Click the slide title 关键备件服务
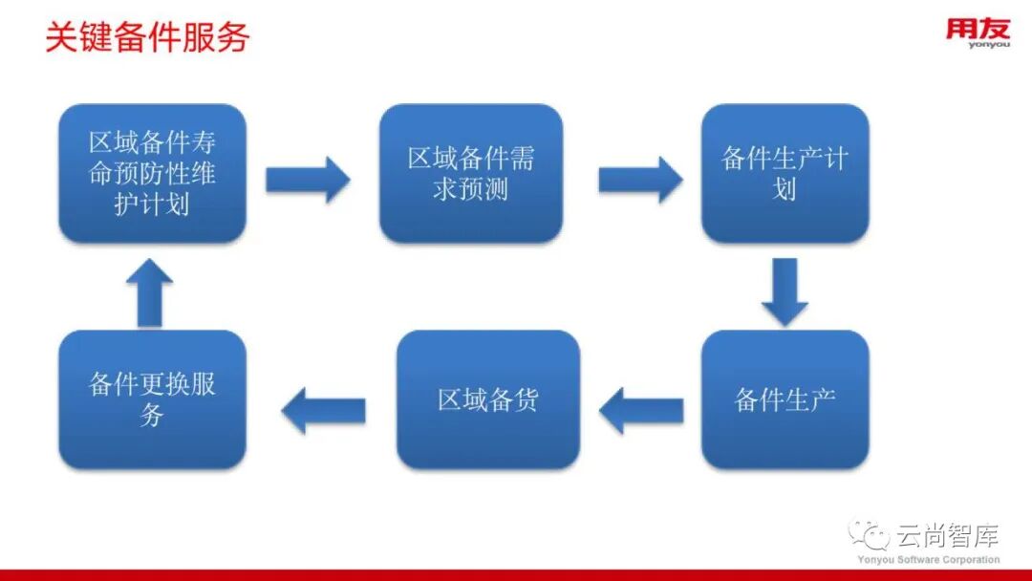[147, 37]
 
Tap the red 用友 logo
[978, 28]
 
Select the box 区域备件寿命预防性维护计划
[152, 173]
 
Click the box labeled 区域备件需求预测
[471, 173]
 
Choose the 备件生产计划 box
[785, 173]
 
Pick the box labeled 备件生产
[785, 399]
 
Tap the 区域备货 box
[487, 399]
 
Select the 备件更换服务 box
[152, 399]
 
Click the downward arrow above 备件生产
[785, 291]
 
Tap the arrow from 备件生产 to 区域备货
[641, 411]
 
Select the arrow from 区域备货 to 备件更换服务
[323, 411]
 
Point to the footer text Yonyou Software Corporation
[928, 560]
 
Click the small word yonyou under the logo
[988, 44]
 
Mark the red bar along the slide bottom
[516, 575]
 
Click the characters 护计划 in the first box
[152, 204]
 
